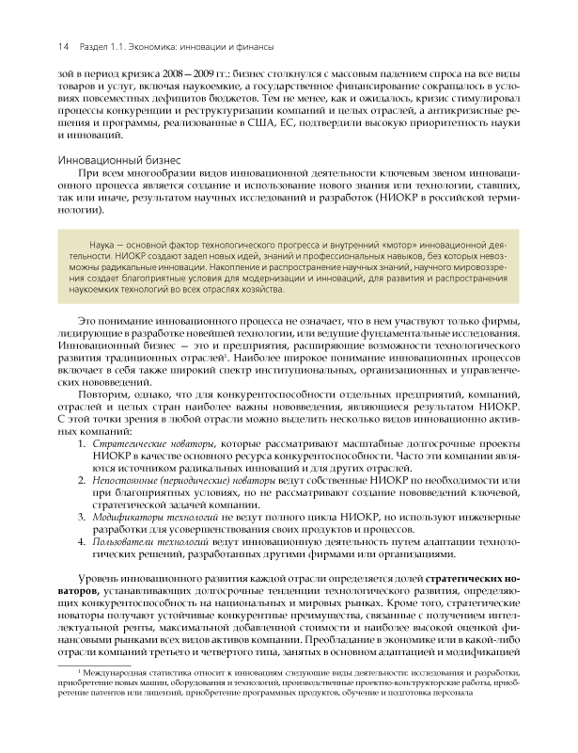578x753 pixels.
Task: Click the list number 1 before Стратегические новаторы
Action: [83, 442]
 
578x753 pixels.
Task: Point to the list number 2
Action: [83, 481]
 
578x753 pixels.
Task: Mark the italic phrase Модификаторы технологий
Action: [155, 519]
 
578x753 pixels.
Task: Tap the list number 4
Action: [83, 544]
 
